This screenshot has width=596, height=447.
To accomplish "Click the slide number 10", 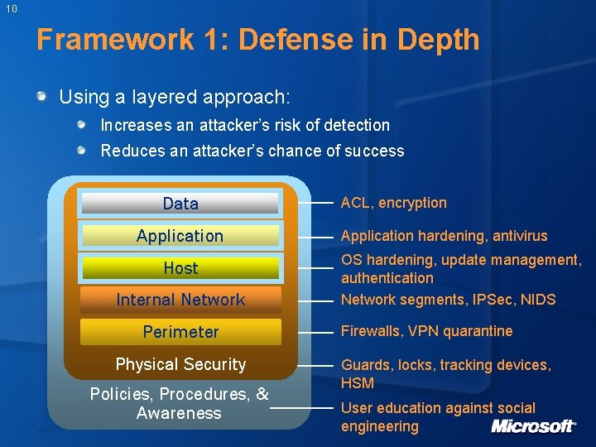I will coord(10,10).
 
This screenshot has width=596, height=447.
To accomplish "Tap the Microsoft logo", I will coord(533,426).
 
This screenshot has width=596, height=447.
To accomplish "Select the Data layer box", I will coord(180,204).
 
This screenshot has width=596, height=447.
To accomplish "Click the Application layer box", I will coord(180,236).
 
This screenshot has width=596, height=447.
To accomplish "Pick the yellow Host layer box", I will coord(180,268).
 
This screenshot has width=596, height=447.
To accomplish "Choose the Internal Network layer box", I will coord(180,300).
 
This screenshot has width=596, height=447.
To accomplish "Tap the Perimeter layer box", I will coord(180,332).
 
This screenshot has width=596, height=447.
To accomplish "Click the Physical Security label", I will coord(180,364).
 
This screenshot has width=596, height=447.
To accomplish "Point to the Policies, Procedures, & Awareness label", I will coord(180,403).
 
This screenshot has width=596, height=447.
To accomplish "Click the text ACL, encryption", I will coord(393,203).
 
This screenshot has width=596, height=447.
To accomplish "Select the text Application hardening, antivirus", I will coord(444,236).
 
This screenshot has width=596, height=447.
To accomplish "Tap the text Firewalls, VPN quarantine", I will coord(426,331).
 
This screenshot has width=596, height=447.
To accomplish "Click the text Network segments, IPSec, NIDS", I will coord(448,300).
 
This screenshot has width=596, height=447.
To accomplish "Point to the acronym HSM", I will coord(358,383).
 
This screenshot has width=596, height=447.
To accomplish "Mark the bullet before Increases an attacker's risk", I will coord(83,125).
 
